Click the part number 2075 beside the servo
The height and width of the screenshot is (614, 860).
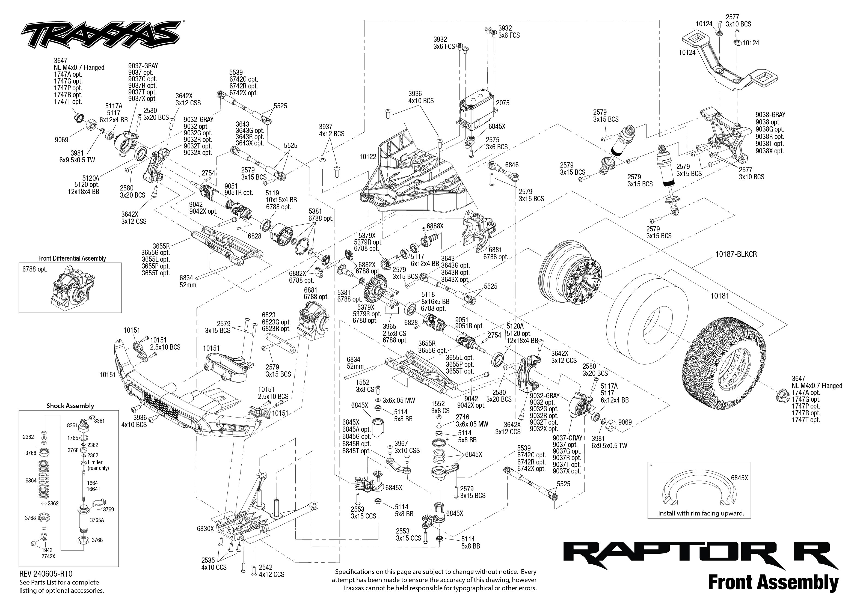coord(503,103)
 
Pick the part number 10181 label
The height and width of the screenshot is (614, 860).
coord(719,296)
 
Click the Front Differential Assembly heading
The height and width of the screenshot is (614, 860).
coord(72,258)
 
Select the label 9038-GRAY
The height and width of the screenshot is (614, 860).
coord(770,115)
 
